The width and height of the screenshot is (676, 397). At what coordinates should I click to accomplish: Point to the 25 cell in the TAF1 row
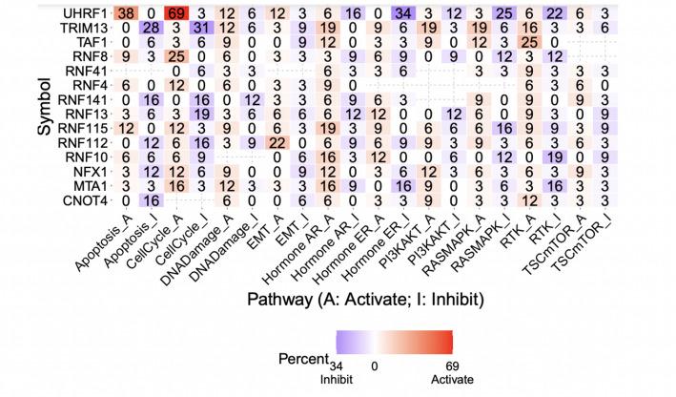553,44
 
